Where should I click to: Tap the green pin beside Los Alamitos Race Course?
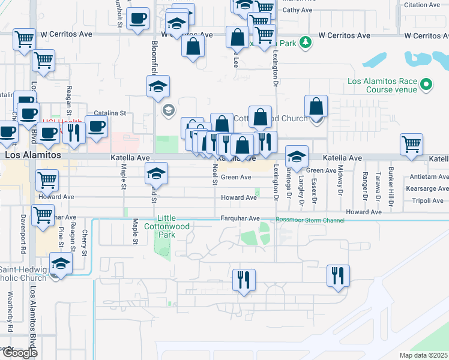pos(427,85)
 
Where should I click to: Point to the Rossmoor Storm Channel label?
pos(310,220)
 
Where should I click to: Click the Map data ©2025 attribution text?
pos(424,355)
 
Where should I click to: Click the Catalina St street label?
pos(110,112)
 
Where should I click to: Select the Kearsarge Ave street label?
pos(426,189)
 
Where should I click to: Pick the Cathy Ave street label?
pos(297,10)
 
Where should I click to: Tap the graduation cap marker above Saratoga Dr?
pos(297,157)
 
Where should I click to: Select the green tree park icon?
pos(306,42)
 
